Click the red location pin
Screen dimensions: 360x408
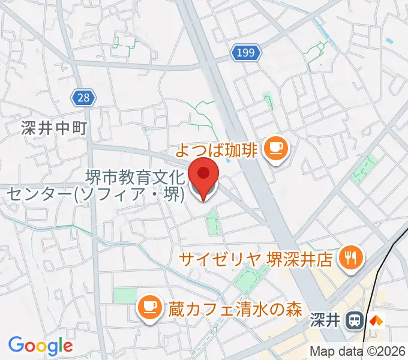click(203, 175)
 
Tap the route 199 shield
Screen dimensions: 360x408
click(246, 54)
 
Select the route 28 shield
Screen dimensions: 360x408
click(83, 97)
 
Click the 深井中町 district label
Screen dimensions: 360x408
click(53, 128)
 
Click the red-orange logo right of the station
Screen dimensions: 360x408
click(376, 320)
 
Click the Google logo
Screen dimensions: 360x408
click(40, 346)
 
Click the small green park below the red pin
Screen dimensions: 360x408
click(211, 223)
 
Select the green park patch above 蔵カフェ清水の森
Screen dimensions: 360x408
click(125, 295)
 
